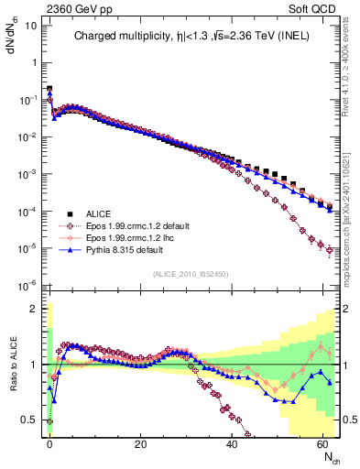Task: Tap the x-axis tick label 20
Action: coord(140,443)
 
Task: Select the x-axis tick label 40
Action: coord(233,443)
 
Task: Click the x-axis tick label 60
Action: coord(323,443)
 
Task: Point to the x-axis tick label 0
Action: coord(49,443)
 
